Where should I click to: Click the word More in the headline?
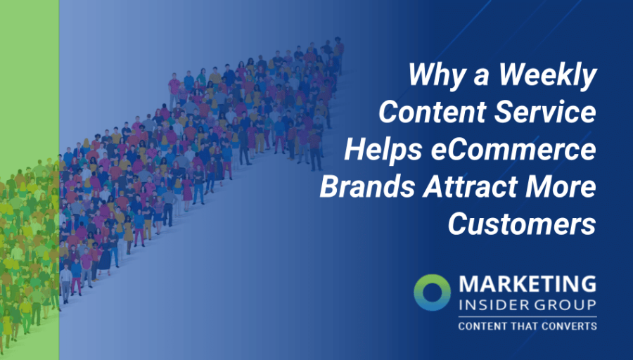[x=562, y=188]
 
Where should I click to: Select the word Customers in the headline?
[x=522, y=225]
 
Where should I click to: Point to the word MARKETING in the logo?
[x=527, y=285]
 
